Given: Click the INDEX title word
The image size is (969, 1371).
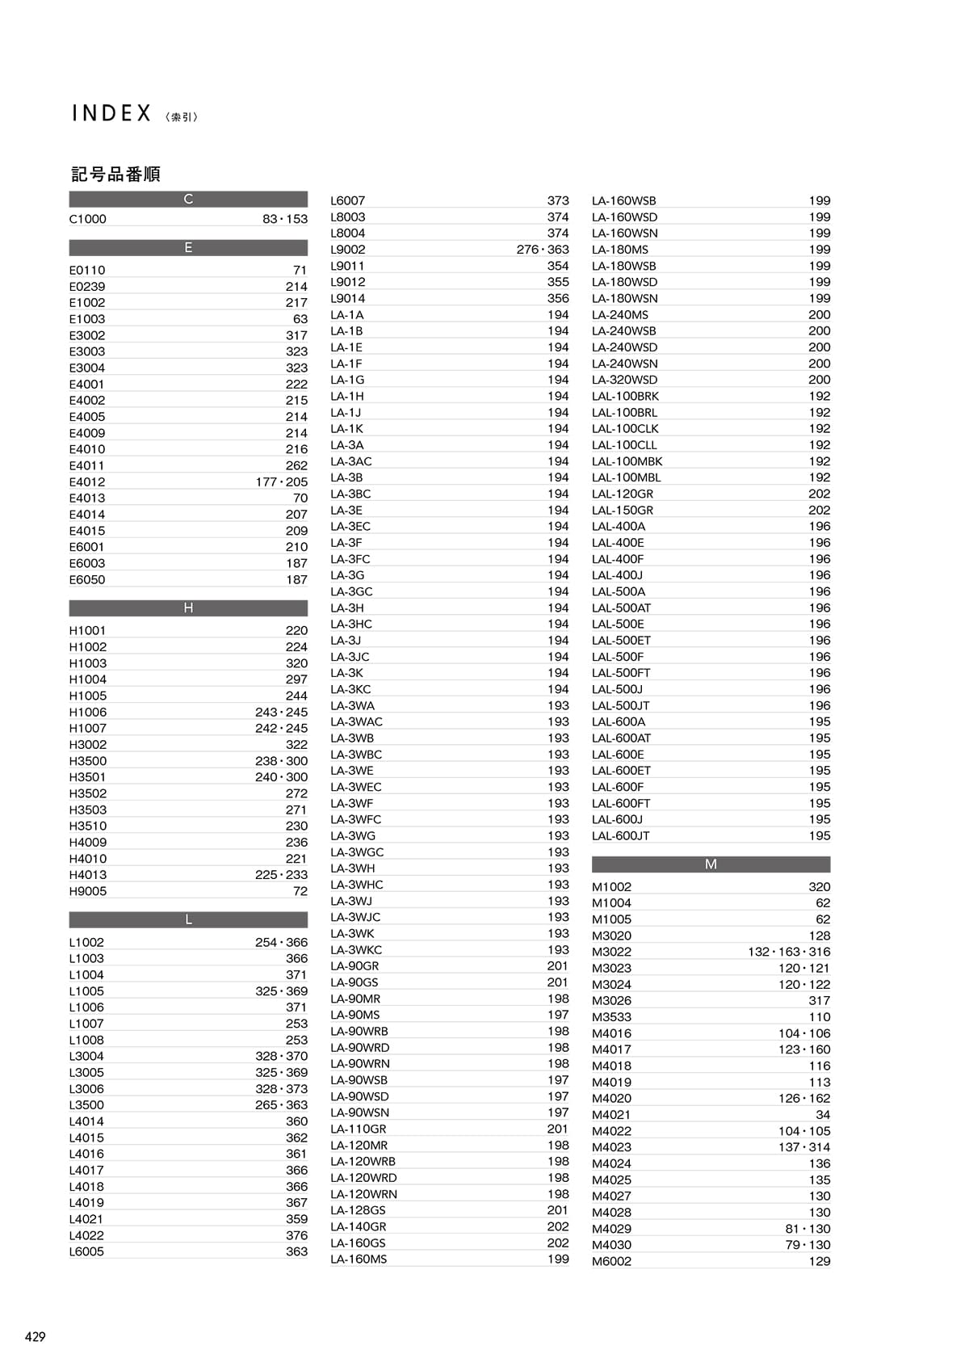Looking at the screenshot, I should click(111, 113).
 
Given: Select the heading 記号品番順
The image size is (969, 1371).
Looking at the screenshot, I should click(115, 174).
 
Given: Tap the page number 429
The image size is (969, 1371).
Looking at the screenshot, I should click(35, 1336).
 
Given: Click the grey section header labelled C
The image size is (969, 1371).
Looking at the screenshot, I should click(188, 199).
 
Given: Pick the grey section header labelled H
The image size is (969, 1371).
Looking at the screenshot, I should click(188, 608).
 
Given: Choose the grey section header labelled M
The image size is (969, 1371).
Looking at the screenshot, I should click(711, 864).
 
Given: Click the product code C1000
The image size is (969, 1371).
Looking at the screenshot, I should click(87, 219).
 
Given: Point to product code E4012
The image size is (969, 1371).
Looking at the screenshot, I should click(87, 482).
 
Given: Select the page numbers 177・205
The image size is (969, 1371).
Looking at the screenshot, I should click(281, 482).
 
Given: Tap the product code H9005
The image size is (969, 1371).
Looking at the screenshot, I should click(87, 891).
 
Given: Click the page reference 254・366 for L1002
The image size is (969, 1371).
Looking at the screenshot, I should click(281, 942).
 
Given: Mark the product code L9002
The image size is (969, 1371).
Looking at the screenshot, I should click(347, 250).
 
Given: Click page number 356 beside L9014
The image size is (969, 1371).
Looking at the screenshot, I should click(558, 298).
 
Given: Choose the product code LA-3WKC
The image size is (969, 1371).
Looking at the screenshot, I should click(356, 949).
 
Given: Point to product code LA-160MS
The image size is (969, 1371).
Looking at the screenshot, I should click(359, 1259).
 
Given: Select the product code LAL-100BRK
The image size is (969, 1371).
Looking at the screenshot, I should click(625, 396).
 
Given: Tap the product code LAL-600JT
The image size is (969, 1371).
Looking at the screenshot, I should click(620, 835).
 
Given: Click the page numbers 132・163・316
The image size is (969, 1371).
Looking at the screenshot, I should click(789, 952).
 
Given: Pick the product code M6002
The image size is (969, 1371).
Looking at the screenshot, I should click(611, 1261).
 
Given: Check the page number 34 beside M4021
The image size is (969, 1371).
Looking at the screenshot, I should click(823, 1115).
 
